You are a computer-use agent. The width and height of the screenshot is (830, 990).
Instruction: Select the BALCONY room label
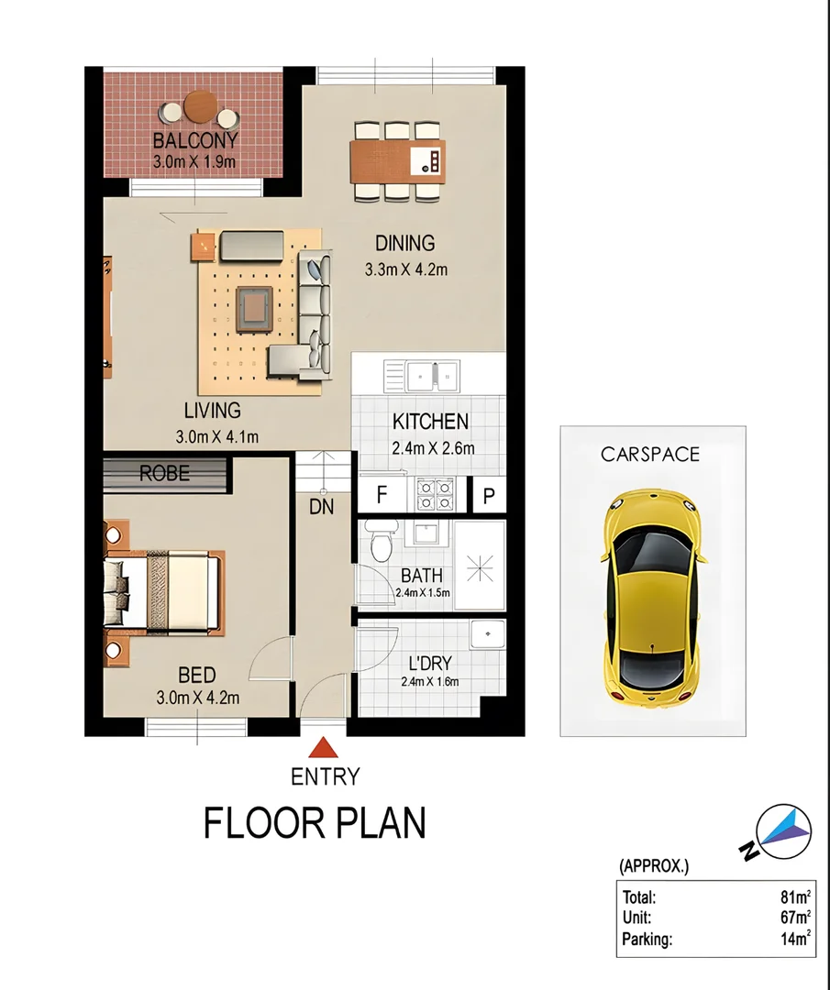pos(194,141)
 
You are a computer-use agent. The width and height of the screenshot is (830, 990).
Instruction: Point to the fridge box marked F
pos(380,496)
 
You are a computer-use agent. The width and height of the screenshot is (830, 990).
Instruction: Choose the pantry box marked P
pos(489,496)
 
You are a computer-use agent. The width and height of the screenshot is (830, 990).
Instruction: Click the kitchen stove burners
pos(436,495)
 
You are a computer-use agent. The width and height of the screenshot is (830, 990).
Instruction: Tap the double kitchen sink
pos(434,374)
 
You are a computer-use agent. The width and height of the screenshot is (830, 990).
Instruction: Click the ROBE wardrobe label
pos(165,474)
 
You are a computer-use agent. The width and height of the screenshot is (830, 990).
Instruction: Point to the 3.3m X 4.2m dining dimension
pos(404,270)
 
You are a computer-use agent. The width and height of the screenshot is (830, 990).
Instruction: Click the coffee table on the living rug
pos(252,308)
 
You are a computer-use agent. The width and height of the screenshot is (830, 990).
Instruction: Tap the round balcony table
pos(199,108)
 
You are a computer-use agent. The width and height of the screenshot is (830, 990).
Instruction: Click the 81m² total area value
pos(794,898)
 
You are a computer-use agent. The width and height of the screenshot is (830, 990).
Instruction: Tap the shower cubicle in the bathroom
pos(480,566)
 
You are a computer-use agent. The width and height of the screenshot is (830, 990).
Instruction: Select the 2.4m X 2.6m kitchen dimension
pos(433,448)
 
